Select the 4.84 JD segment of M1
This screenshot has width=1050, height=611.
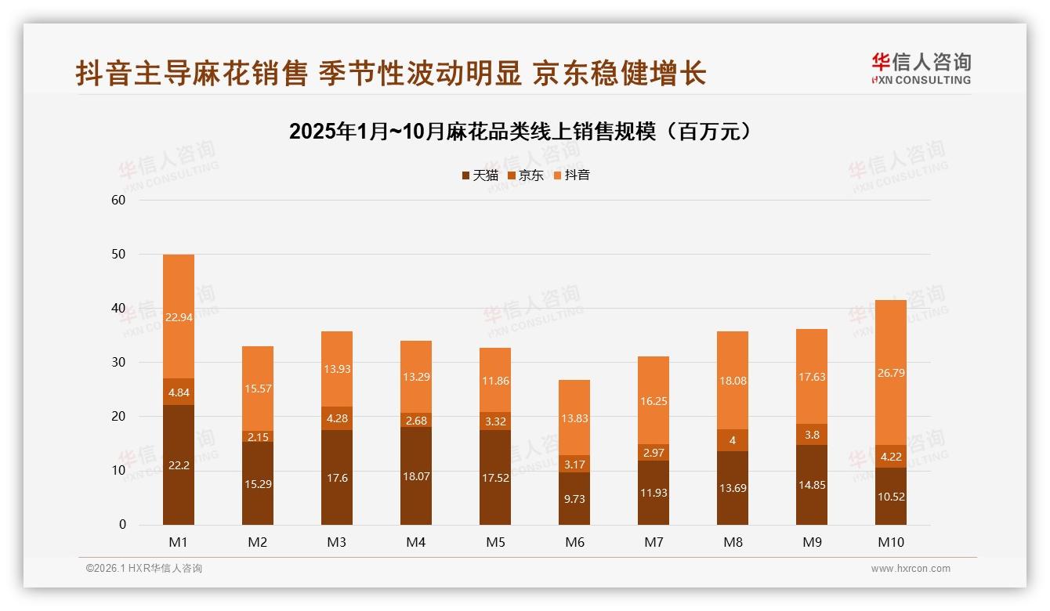[179, 392]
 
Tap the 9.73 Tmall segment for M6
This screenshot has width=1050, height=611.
[574, 498]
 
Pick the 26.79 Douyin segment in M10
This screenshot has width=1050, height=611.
[891, 373]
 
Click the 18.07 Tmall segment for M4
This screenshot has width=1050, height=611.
[416, 475]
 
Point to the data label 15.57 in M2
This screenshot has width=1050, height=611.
[258, 389]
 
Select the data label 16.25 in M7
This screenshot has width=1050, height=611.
[654, 400]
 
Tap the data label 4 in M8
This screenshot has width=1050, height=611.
[733, 440]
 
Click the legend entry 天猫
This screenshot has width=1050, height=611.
[479, 175]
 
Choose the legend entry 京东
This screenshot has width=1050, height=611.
[525, 175]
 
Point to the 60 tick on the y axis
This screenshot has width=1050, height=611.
[118, 200]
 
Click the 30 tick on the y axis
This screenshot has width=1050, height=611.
[118, 363]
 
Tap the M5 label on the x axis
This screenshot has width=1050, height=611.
[495, 542]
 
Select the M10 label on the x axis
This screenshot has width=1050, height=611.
[891, 542]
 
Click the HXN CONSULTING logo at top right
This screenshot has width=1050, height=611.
[921, 69]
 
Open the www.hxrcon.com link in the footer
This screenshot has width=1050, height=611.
[911, 569]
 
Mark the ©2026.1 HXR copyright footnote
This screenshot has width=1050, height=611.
[144, 569]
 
